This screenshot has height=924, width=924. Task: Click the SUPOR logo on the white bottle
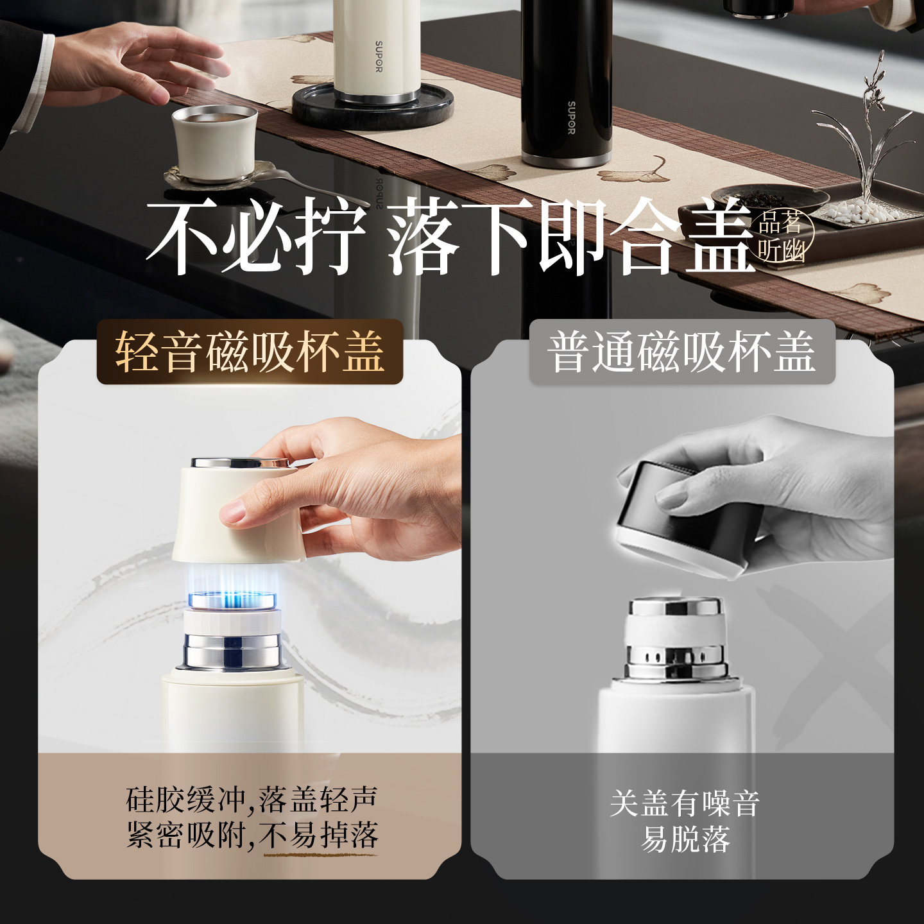(x=379, y=57)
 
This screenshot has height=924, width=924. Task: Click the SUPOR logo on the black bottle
(x=571, y=117)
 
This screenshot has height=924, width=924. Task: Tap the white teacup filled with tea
(x=215, y=143)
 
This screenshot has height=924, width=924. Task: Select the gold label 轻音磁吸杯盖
(x=250, y=352)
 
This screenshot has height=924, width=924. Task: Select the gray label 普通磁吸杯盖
(x=681, y=352)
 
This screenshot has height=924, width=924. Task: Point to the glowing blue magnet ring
(x=232, y=600)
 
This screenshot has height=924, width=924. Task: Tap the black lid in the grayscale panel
(x=680, y=520)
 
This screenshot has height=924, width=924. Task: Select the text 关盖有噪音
(x=685, y=803)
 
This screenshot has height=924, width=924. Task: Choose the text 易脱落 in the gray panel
(x=685, y=839)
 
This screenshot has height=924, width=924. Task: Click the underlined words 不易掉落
(x=320, y=835)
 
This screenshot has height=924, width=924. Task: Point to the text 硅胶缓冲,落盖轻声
(x=252, y=800)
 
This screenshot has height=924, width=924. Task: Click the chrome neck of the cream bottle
(x=232, y=649)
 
